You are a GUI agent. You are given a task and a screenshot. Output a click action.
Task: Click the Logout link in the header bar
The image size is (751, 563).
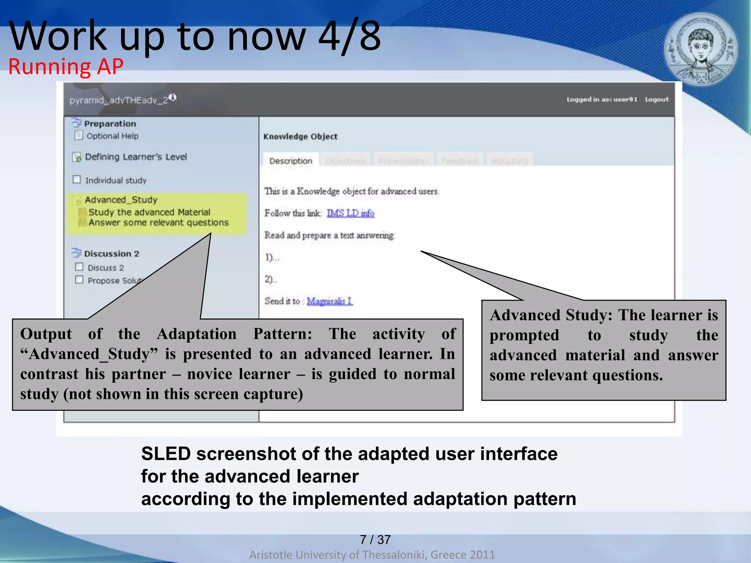656,99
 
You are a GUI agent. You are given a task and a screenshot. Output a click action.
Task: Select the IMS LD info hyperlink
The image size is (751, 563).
350,213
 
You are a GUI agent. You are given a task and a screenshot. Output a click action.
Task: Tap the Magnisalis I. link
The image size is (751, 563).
329,301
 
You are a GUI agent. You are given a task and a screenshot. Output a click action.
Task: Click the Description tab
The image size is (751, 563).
290,161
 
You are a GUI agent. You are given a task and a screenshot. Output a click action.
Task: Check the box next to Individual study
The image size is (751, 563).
77,179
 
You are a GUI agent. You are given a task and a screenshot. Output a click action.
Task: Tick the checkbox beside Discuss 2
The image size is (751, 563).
79,267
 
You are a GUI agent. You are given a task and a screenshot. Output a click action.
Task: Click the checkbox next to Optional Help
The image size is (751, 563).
78,135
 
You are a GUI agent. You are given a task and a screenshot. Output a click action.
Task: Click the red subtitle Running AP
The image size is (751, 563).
66,67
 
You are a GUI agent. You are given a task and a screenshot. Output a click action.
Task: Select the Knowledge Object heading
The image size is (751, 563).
300,136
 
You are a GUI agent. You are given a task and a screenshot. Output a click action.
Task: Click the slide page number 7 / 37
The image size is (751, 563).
375,539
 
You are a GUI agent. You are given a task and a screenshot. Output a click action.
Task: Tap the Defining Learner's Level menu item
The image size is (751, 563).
136,157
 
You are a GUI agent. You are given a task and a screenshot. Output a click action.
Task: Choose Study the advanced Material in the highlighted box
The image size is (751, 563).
149,212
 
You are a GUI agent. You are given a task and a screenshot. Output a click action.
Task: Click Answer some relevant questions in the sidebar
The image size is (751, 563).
158,222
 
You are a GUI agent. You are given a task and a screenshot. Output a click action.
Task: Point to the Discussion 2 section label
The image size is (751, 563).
111,254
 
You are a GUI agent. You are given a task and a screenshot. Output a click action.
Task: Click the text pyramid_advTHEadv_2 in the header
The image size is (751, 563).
118,100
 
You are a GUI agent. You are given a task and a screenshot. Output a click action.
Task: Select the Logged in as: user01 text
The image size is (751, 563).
602,99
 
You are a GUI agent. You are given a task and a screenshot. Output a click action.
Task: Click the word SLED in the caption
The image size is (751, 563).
166,454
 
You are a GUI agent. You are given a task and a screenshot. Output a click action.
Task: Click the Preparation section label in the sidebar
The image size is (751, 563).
110,124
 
